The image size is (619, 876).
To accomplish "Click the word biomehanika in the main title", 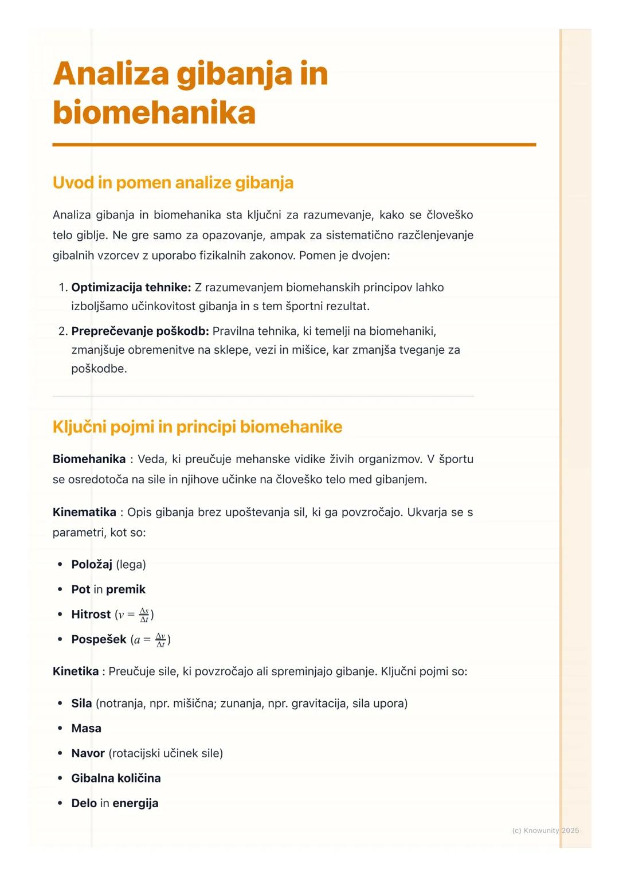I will coord(154,112).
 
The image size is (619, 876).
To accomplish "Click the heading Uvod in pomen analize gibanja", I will coord(173,183).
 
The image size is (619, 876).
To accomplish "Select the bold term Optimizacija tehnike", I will coord(131,287).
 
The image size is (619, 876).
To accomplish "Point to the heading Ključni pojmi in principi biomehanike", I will coord(197,427).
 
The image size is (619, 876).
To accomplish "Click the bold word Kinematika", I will coord(84,512).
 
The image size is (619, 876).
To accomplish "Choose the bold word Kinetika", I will coord(75,671).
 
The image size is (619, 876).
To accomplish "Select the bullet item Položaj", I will coord(92,565).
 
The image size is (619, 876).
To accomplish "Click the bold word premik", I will coord(126,589).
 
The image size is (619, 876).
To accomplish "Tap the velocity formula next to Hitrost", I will coord(135,615).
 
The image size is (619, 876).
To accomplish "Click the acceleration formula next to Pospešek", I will coord(151,640).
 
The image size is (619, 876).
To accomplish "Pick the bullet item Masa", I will coord(86,729).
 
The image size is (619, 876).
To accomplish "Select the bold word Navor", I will coord(88,753).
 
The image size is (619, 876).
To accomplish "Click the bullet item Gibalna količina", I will coord(116,779).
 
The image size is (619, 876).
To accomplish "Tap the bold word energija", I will coord(135,803).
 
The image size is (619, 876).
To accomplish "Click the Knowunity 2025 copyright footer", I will coord(545,831).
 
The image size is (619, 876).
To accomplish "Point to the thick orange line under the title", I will coord(294,145).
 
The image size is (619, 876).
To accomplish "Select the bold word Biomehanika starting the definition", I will coord(89,459).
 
